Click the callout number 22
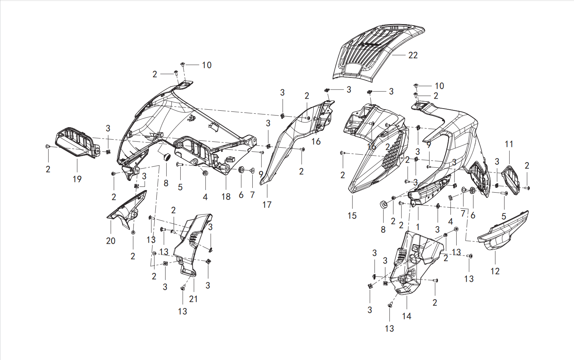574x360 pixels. click(413, 55)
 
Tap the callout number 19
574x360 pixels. click(77, 179)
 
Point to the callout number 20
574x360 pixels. click(111, 241)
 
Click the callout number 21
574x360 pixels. click(193, 299)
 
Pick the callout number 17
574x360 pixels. click(267, 205)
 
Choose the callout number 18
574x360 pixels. click(226, 197)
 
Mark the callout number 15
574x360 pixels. click(352, 216)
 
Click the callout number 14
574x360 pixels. click(407, 316)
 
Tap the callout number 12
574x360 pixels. click(495, 271)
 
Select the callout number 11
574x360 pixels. click(509, 144)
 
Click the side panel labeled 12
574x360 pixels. click(503, 231)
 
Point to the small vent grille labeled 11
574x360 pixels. click(511, 181)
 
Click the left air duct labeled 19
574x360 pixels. click(77, 142)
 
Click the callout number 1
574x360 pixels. click(418, 227)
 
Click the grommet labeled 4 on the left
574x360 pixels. click(205, 173)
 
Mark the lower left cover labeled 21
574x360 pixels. click(192, 246)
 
